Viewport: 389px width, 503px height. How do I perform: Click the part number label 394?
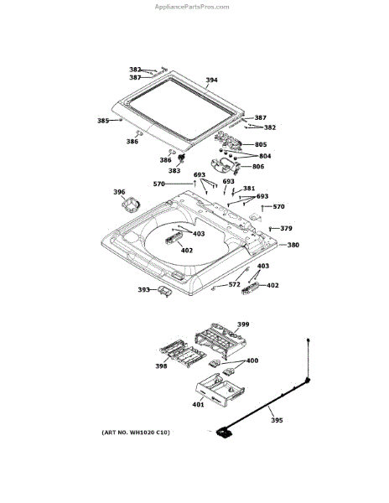point(211,80)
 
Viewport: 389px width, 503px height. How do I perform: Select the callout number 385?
point(103,121)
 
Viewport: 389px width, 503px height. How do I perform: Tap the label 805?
point(261,144)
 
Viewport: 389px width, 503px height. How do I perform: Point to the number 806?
point(258,166)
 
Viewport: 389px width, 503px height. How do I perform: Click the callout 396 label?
point(119,192)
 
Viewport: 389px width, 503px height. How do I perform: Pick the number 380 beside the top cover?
point(293,245)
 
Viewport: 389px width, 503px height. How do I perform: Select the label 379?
point(286,228)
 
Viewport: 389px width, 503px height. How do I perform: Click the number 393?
point(143,290)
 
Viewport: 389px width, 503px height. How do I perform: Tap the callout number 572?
point(234,284)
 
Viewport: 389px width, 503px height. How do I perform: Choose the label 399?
point(243,324)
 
